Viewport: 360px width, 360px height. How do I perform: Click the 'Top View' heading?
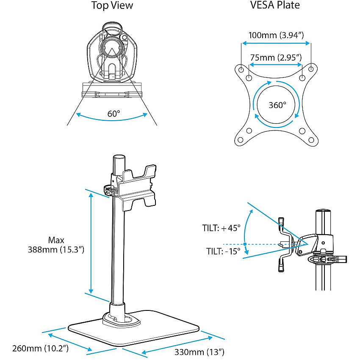(x=112, y=5)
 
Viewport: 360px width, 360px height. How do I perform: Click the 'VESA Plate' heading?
(x=275, y=5)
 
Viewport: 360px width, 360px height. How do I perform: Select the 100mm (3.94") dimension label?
(x=276, y=35)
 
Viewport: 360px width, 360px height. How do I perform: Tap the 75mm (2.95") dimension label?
(x=276, y=58)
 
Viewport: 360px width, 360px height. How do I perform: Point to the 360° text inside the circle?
(x=277, y=105)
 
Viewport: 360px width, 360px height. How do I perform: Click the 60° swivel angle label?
(x=114, y=114)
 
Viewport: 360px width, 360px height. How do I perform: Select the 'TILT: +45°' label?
(x=222, y=228)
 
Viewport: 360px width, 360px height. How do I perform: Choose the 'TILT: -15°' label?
(x=223, y=251)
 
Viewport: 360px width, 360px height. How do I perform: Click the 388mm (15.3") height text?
(x=56, y=249)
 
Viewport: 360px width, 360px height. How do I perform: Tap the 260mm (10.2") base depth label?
(x=40, y=348)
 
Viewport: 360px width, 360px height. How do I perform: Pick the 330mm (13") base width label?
(x=199, y=352)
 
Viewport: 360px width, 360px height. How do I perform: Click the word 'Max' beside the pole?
(x=56, y=240)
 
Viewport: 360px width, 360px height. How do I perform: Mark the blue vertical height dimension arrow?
(x=91, y=243)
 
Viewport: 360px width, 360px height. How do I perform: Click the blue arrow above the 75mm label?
(x=276, y=43)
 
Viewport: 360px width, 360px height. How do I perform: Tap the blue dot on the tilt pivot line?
(x=245, y=244)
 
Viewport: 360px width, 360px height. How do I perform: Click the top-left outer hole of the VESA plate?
(x=241, y=69)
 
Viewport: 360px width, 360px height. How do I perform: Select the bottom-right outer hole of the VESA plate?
(x=311, y=140)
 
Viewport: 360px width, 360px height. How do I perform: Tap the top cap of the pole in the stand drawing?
(x=119, y=157)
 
